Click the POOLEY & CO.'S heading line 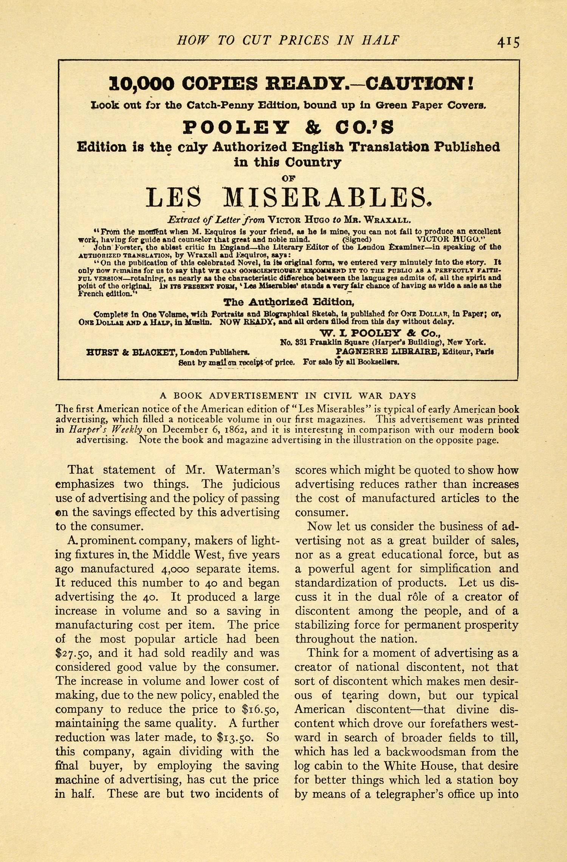(x=288, y=127)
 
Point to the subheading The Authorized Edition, (x=288, y=302)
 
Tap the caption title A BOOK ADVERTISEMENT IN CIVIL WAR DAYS (x=288, y=396)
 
